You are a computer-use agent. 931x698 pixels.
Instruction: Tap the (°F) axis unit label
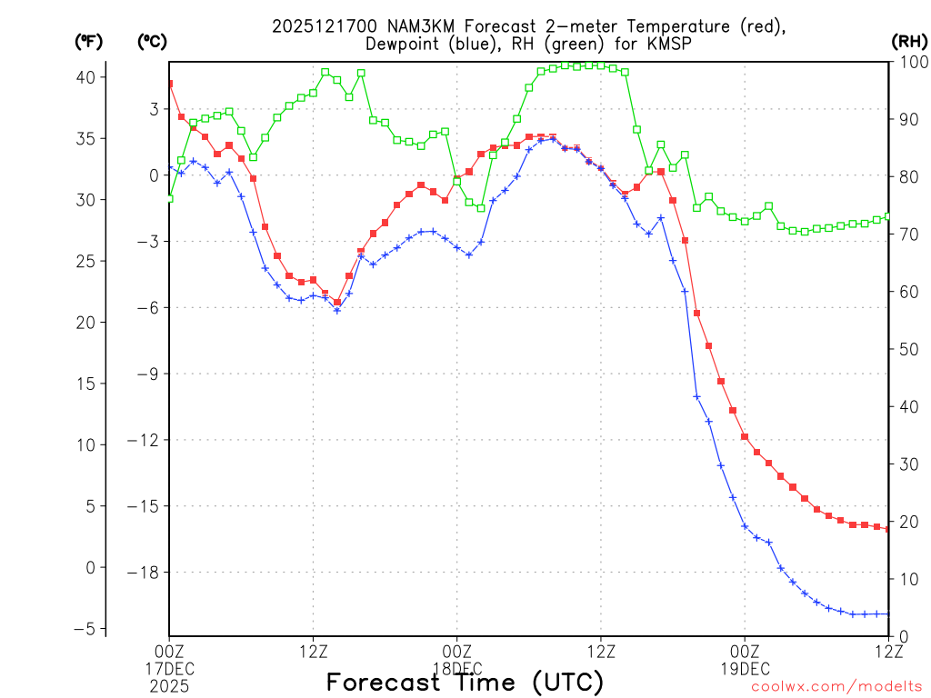pos(89,41)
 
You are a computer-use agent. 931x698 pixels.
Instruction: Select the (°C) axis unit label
pos(152,41)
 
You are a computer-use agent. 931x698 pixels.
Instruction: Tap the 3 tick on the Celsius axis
pos(154,109)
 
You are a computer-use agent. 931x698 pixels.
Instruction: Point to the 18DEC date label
pos(456,669)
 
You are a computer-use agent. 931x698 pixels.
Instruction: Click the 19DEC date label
pos(745,669)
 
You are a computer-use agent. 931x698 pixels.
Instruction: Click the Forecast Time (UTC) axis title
pos(465,682)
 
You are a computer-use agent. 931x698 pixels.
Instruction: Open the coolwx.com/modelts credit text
pos(836,686)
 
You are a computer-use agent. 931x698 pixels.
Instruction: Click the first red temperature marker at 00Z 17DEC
pos(169,84)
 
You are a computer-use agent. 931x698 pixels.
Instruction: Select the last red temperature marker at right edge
pos(887,529)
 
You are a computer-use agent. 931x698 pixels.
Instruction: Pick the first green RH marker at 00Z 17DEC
pos(169,198)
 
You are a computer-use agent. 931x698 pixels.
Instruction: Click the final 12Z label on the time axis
pos(888,651)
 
